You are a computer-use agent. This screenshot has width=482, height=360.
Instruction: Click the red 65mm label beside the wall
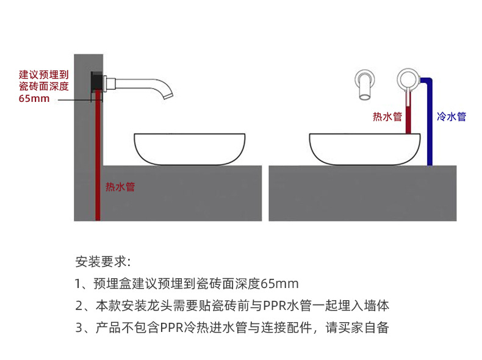[34, 98]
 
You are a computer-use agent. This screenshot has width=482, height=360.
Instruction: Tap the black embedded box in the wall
[96, 82]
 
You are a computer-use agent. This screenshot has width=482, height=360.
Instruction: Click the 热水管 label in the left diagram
[120, 187]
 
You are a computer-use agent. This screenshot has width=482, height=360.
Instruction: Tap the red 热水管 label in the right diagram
[387, 116]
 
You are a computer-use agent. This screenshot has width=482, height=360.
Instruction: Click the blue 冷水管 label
[452, 116]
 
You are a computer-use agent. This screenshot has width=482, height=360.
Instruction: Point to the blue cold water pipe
[430, 122]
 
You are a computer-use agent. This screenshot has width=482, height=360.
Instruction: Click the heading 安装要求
[102, 262]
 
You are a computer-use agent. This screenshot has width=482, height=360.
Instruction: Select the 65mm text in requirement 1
[280, 284]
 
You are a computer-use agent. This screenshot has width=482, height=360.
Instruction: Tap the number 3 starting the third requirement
[79, 327]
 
